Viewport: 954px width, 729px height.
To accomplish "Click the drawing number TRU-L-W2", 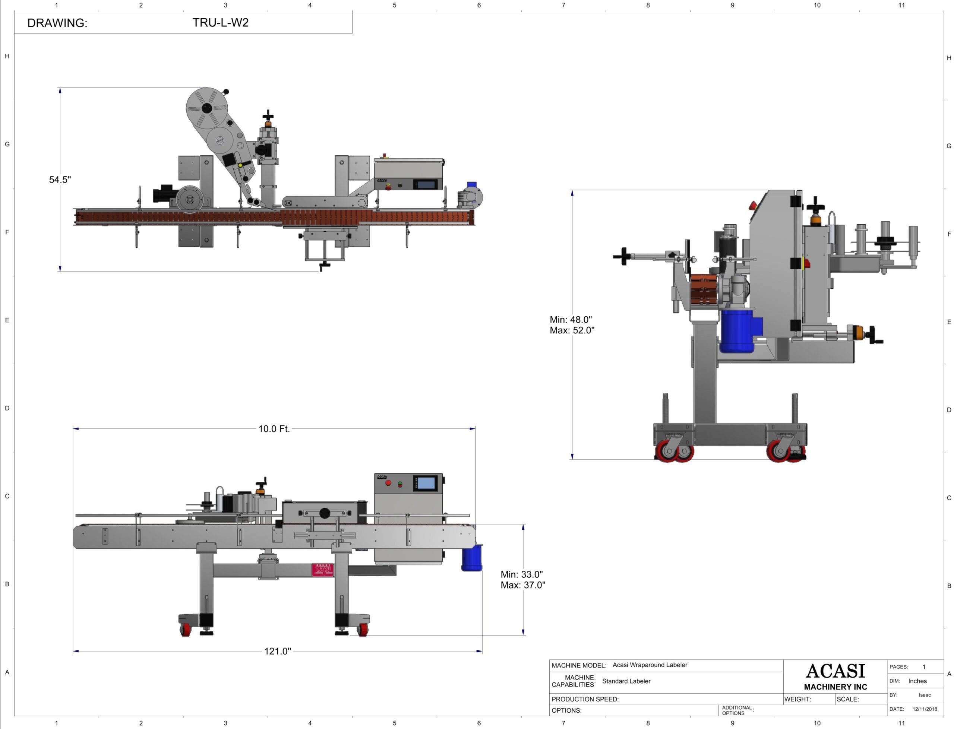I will coord(221,23).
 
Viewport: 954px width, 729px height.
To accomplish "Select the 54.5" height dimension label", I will coord(60,180).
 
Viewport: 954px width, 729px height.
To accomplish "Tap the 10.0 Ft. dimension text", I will coord(274,429).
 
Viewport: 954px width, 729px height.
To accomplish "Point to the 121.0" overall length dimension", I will coord(277,651).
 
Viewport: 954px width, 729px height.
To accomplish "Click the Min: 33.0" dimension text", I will coord(521,574).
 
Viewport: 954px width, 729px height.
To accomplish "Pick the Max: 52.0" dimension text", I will coord(572,330).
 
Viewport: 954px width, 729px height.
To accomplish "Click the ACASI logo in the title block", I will coord(835,671).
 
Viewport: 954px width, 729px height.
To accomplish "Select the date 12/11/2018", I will coord(925,709).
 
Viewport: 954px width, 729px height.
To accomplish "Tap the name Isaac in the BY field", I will coord(925,695).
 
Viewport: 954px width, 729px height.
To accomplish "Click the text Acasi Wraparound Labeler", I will coord(650,665).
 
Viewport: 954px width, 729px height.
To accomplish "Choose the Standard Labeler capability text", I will coord(626,681).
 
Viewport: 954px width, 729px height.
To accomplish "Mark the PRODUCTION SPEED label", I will coord(585,699).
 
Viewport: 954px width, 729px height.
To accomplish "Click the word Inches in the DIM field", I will coord(917,681).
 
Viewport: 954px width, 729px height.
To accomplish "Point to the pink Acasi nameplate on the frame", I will coord(322,570).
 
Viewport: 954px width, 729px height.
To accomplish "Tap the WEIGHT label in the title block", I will coord(797,699).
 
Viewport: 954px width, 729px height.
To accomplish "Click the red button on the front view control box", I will coord(388,482).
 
